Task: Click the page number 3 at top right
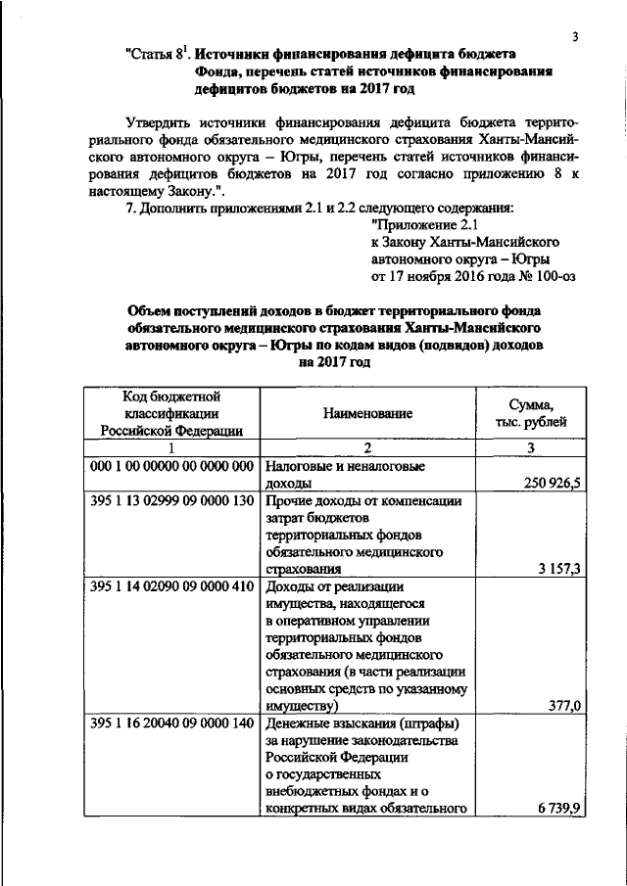click(x=576, y=37)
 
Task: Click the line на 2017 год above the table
click(x=333, y=362)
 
